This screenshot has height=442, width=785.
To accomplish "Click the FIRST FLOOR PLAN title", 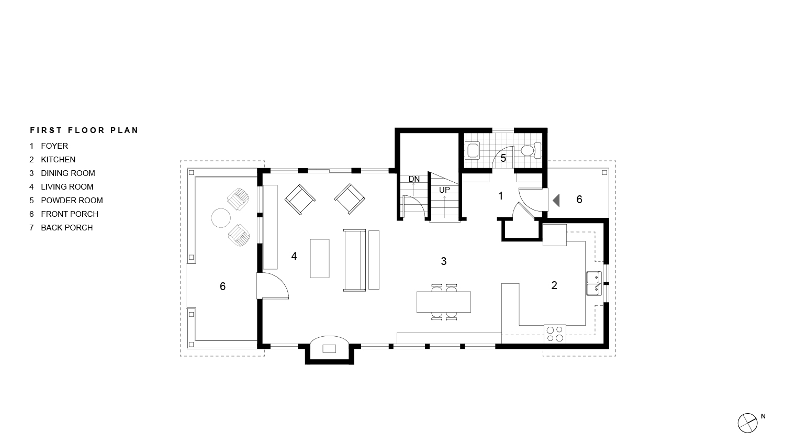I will [x=84, y=130].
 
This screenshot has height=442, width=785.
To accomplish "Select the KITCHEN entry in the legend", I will [x=58, y=160].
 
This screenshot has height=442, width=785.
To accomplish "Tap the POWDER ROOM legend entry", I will [x=71, y=201].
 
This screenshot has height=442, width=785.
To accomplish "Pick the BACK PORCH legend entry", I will [x=66, y=228].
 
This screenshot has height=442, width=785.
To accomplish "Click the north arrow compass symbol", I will [x=748, y=423].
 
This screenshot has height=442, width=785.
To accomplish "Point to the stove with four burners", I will [x=555, y=334].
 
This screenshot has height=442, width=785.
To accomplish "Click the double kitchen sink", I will [x=593, y=283].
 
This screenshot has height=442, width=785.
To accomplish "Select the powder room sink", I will [x=473, y=151].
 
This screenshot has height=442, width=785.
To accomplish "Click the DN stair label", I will [x=414, y=179].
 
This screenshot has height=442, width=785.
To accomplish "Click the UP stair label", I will [x=444, y=190].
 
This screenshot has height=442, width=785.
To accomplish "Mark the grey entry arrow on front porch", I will [x=556, y=200].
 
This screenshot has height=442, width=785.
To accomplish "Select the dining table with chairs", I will [x=444, y=302].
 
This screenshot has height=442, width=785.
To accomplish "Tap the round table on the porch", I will [x=220, y=218].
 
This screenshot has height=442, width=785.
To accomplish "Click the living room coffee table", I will [x=320, y=258].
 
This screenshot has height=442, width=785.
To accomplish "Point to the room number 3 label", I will [x=444, y=261].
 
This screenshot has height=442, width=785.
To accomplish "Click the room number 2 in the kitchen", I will [x=554, y=285].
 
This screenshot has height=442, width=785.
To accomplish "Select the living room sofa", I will [x=355, y=260].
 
